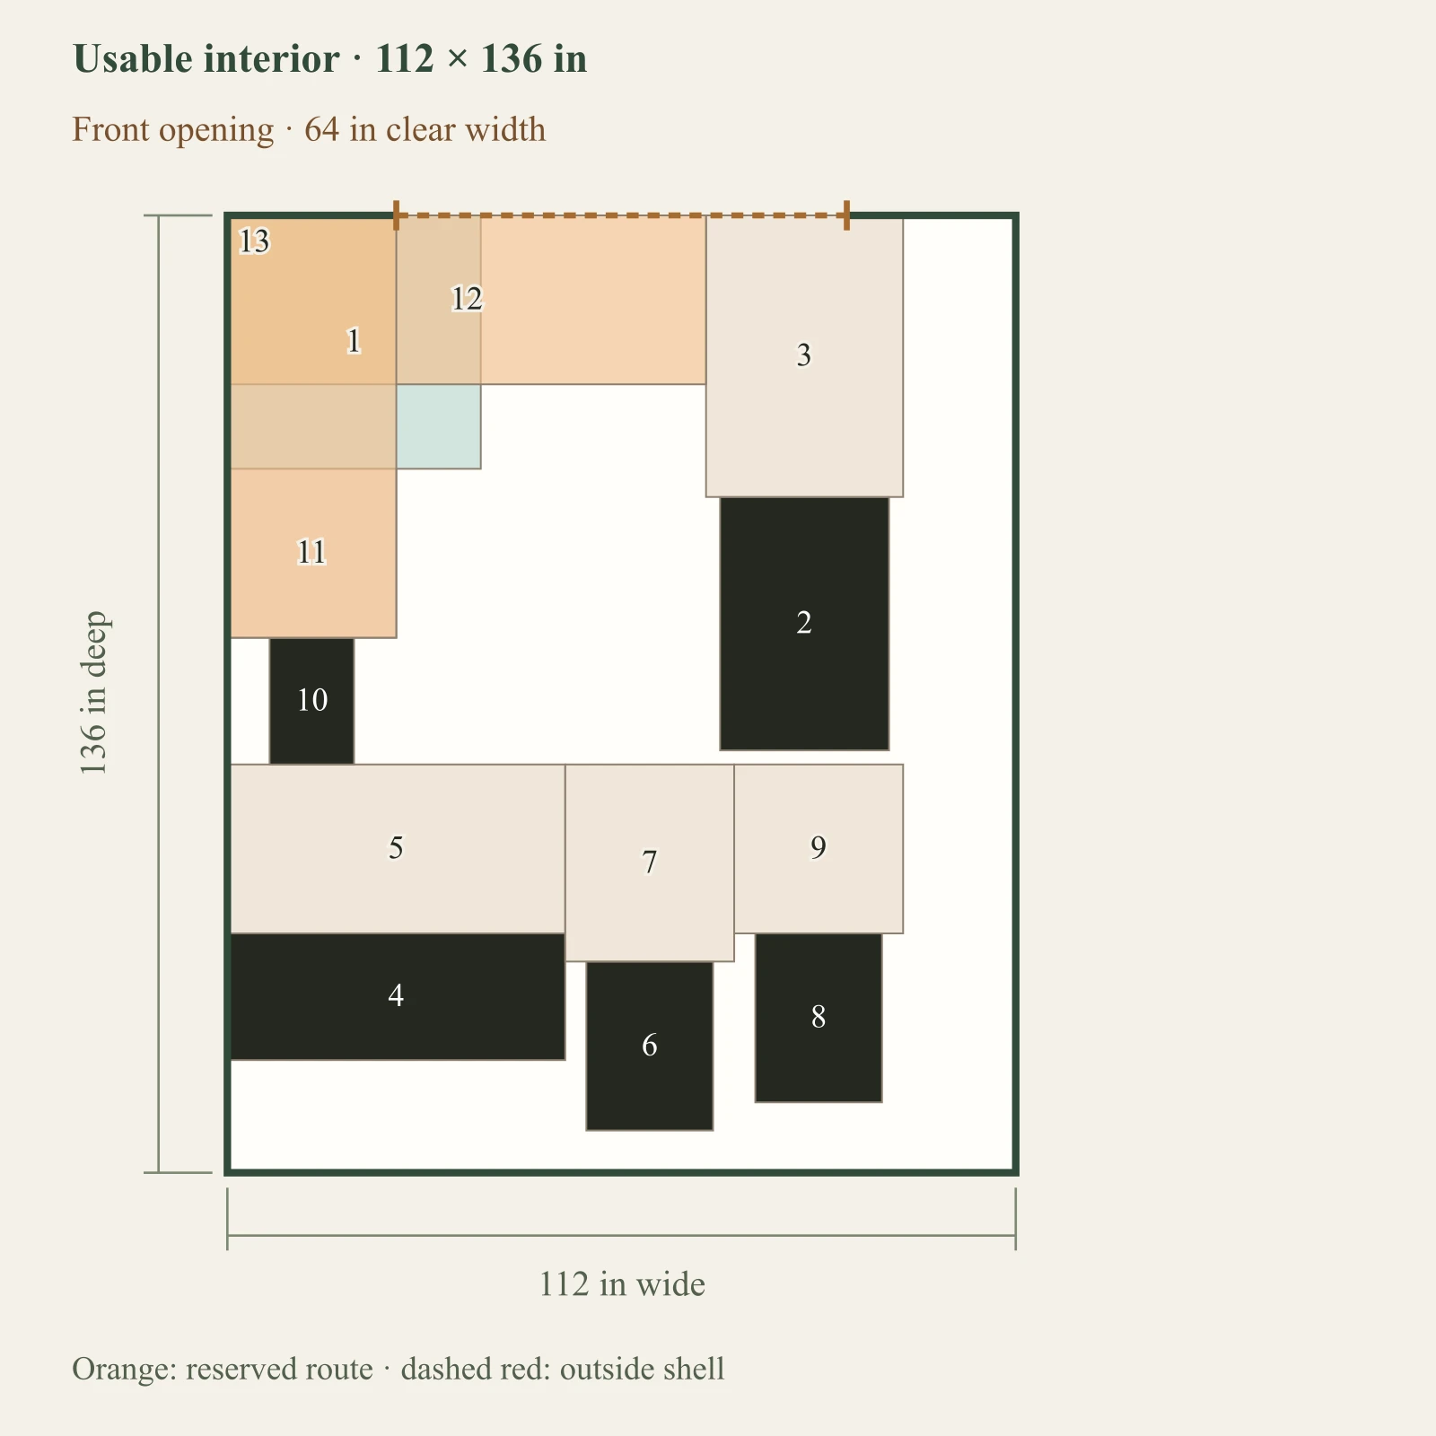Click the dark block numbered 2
click(804, 623)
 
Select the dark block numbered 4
click(397, 996)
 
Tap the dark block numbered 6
click(650, 1046)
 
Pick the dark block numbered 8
click(819, 1018)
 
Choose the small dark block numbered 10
click(311, 701)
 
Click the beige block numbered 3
click(804, 356)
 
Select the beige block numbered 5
click(397, 849)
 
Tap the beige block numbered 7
click(650, 862)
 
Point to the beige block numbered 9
click(819, 849)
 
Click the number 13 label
click(254, 241)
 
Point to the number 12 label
click(467, 298)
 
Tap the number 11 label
click(311, 551)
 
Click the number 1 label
click(354, 341)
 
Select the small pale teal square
click(438, 426)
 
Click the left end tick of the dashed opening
click(396, 215)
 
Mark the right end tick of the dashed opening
click(846, 215)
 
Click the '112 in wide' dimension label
click(622, 1284)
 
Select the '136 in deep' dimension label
click(93, 693)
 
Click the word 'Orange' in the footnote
click(124, 1370)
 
